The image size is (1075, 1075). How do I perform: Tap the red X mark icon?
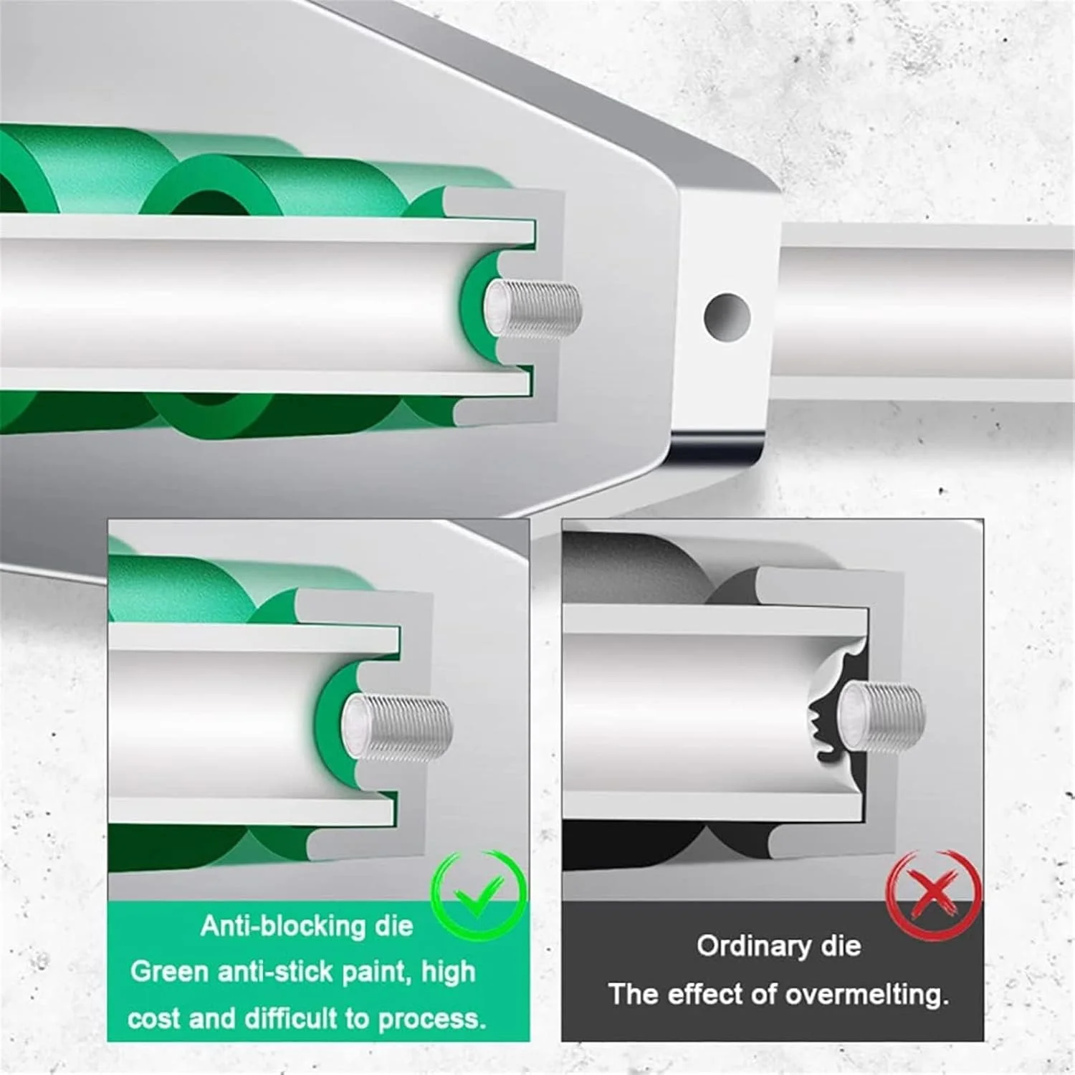933,893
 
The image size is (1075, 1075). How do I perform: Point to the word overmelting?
866,995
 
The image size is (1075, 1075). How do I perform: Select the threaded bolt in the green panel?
396,727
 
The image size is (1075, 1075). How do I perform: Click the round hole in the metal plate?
727,316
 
